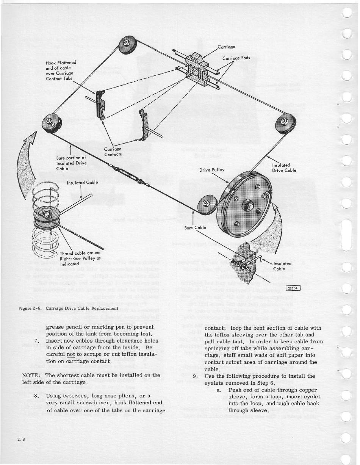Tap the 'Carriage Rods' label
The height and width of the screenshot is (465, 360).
(x=236, y=58)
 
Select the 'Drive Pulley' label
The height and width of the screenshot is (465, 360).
(x=212, y=170)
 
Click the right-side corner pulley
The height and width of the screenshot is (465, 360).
(x=285, y=124)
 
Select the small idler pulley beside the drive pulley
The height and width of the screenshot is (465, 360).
(x=206, y=204)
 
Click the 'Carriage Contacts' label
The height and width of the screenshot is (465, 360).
(x=113, y=152)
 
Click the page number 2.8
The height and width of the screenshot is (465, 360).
(x=21, y=440)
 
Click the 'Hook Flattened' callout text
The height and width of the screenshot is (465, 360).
(x=61, y=62)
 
